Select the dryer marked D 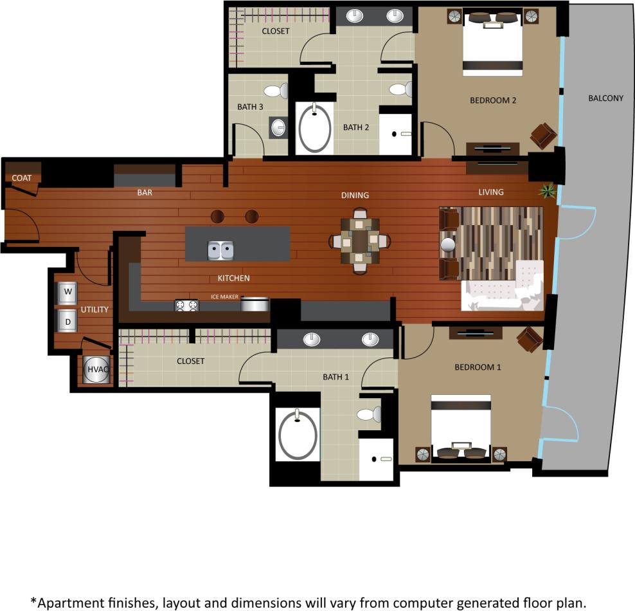67,320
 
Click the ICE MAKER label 224,296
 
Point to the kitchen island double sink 220,250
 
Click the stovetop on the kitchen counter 187,305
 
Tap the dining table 360,241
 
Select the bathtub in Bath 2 315,127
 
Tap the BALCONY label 605,98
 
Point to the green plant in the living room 548,190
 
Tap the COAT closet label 22,178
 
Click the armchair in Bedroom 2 543,136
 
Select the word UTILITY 94,309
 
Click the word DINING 355,195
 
